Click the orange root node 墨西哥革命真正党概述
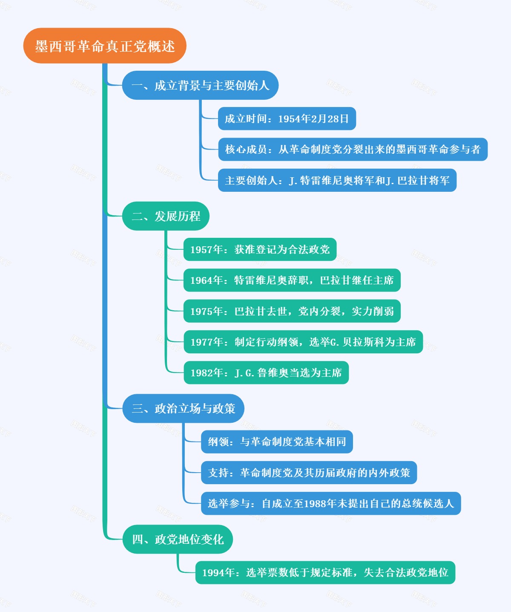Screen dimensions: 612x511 [105, 46]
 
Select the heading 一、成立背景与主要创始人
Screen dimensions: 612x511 [200, 86]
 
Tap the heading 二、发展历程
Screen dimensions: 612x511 [166, 217]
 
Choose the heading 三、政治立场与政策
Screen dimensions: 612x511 [183, 409]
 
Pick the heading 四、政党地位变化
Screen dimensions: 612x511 [178, 540]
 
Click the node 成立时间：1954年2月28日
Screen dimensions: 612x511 [287, 119]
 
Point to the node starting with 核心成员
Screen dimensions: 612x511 [353, 150]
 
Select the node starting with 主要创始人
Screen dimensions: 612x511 [337, 181]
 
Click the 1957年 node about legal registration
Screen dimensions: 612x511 [260, 250]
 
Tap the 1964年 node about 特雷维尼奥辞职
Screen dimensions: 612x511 [292, 280]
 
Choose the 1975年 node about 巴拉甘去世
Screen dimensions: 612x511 [292, 312]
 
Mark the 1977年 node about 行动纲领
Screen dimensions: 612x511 [303, 342]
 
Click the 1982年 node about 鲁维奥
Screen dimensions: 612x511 [266, 373]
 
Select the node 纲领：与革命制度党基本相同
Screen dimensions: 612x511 [277, 442]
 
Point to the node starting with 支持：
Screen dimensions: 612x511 [309, 473]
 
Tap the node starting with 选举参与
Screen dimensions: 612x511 [330, 504]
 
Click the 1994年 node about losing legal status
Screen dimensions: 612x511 [325, 573]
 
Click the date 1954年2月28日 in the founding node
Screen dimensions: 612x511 [313, 119]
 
